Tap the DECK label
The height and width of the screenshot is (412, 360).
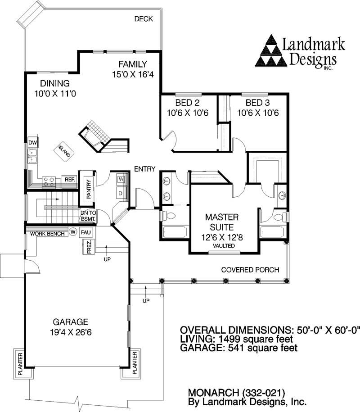144,19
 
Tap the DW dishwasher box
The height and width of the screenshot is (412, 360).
32,143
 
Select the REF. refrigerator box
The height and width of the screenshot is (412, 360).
69,180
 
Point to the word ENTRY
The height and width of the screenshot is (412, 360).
145,169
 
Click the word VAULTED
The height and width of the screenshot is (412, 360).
224,246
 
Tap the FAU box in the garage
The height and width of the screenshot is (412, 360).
86,233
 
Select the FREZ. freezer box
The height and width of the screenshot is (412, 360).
89,247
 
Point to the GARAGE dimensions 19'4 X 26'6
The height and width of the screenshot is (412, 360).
70,333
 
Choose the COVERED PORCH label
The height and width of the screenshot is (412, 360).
250,270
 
